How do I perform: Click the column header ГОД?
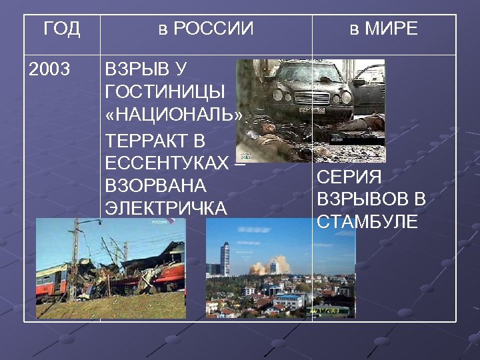[x=61, y=29]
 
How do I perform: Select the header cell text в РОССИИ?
[x=206, y=29]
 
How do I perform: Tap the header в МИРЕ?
[x=384, y=29]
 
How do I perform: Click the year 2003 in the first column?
[x=50, y=69]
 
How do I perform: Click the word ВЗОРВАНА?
[x=156, y=185]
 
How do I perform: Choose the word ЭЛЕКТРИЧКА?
[x=166, y=208]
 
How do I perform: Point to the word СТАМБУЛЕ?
[x=367, y=222]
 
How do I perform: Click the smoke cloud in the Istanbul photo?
[x=259, y=267]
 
